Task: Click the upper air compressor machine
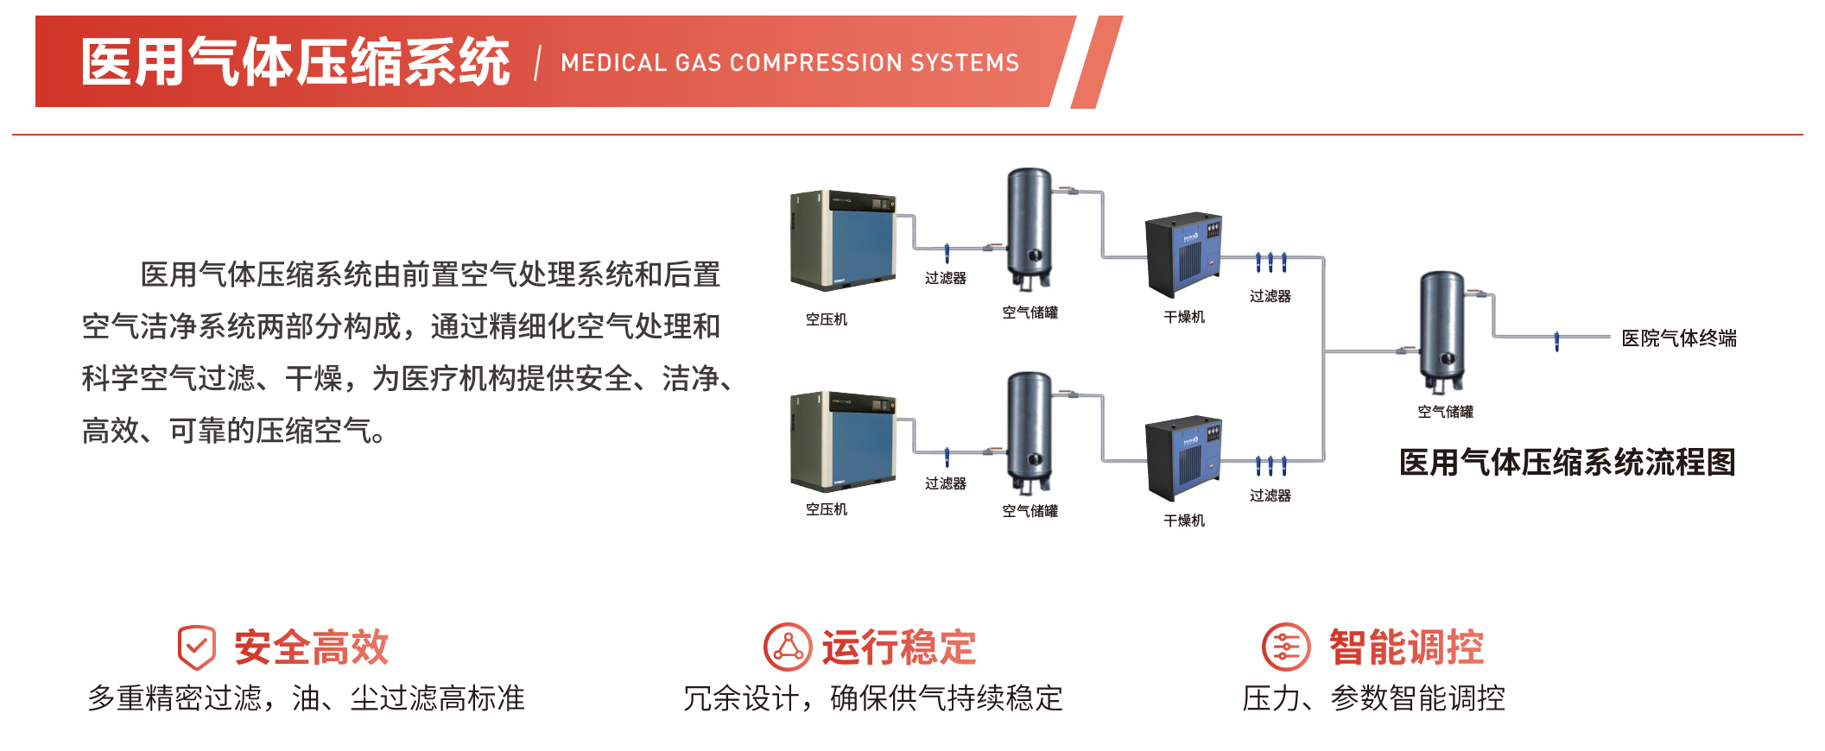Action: pos(843,240)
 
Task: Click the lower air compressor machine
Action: pos(843,441)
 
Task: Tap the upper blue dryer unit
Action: pos(1184,255)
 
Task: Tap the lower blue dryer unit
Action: pos(1184,458)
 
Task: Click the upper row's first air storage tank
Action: pos(1030,229)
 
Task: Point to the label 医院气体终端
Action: pos(1678,338)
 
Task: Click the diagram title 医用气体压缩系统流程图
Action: pos(1567,463)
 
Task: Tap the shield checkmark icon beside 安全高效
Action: pos(197,647)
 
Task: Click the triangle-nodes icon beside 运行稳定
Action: pos(788,647)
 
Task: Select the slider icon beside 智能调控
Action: pos(1286,647)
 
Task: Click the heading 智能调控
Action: pos(1406,647)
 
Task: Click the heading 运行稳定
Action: pos(898,647)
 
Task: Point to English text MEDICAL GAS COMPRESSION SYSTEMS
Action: pos(789,63)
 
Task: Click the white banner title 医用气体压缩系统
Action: pos(295,62)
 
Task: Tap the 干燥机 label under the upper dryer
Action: pos(1184,317)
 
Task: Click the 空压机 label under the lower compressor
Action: pos(827,509)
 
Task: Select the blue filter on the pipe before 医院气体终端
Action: pos(1556,342)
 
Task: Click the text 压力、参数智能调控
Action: pos(1373,698)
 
